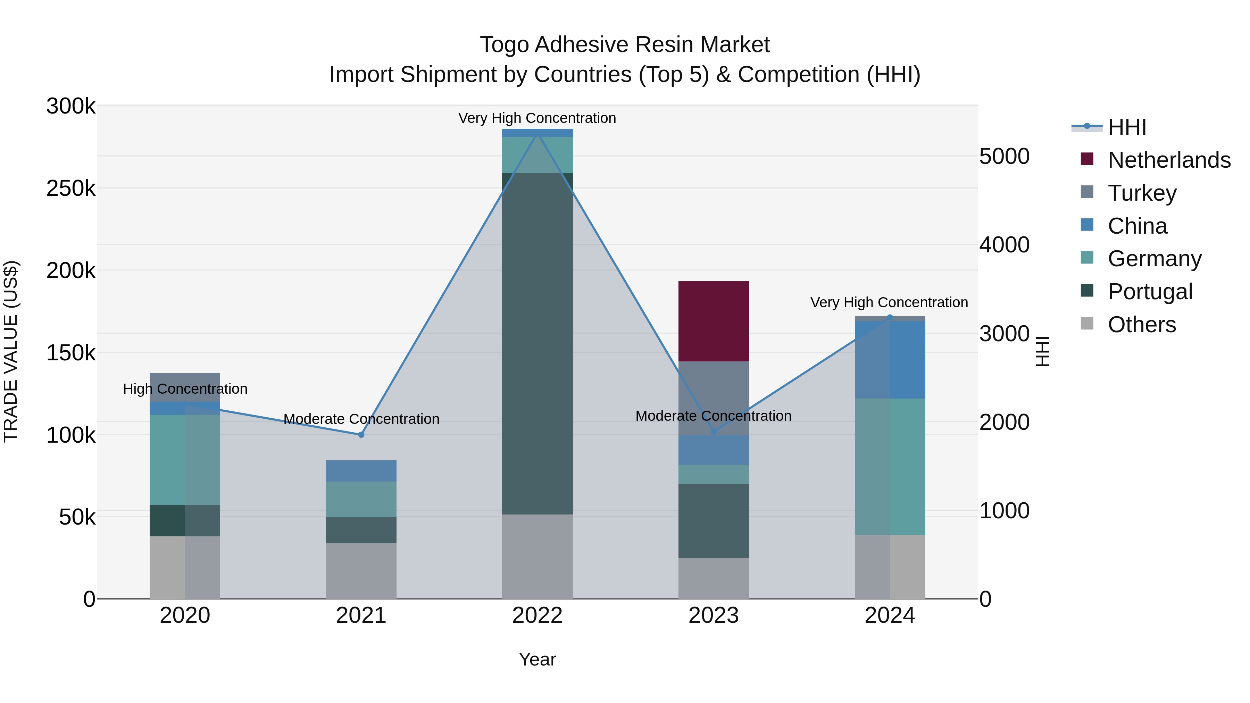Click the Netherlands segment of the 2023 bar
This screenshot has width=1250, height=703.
[713, 321]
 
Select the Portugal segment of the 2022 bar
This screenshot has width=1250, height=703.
[537, 343]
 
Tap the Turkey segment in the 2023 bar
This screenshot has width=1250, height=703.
[713, 398]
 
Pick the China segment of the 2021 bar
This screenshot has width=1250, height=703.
[361, 471]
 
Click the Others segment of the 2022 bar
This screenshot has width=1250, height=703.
[537, 556]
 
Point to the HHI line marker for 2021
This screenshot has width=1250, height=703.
[361, 435]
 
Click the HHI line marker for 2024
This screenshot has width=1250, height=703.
[890, 317]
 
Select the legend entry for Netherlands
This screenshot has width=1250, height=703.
[1169, 160]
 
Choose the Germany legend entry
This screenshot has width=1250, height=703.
[1155, 259]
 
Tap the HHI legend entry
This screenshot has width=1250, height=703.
[1127, 127]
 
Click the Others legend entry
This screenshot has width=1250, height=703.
[1141, 325]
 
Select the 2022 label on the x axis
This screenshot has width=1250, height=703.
[537, 616]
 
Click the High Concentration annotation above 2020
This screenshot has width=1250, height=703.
[185, 388]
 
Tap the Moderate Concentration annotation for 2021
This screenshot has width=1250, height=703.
[361, 419]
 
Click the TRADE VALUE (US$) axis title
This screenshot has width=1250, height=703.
[11, 351]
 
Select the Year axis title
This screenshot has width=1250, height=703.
[537, 659]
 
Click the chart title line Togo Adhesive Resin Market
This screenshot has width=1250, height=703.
[625, 45]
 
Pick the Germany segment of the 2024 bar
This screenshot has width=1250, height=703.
[890, 466]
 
